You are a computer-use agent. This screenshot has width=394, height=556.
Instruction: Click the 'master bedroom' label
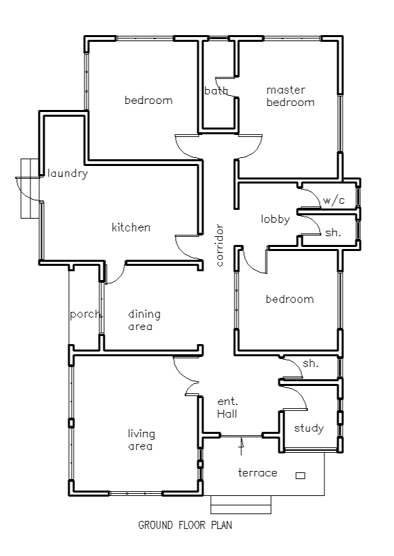[290, 96]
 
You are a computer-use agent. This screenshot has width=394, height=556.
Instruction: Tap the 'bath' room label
[216, 91]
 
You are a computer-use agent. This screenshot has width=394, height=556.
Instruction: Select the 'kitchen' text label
[130, 227]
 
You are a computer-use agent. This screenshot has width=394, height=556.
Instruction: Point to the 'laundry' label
[68, 173]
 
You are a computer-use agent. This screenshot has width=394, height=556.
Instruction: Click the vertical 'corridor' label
[220, 246]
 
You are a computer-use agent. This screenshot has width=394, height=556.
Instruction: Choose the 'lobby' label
[275, 219]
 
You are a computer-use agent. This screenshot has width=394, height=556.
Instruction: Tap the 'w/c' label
[334, 200]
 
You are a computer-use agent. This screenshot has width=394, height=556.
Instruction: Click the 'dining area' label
[144, 320]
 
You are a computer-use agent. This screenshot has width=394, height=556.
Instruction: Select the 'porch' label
[87, 314]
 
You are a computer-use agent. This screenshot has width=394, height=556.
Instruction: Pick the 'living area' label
[141, 440]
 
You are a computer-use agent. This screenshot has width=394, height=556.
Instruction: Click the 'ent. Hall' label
[227, 408]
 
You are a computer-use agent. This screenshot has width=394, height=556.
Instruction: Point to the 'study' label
[309, 428]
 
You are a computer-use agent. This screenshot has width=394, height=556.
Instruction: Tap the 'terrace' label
[257, 473]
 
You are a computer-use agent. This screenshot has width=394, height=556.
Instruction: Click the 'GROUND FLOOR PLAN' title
[185, 525]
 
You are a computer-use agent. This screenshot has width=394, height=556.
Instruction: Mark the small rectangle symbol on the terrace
[300, 476]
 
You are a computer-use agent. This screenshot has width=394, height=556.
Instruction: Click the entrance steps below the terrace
[241, 505]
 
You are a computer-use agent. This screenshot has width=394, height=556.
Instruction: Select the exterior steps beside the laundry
[30, 189]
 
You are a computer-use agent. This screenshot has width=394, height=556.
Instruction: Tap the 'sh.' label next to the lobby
[333, 233]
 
